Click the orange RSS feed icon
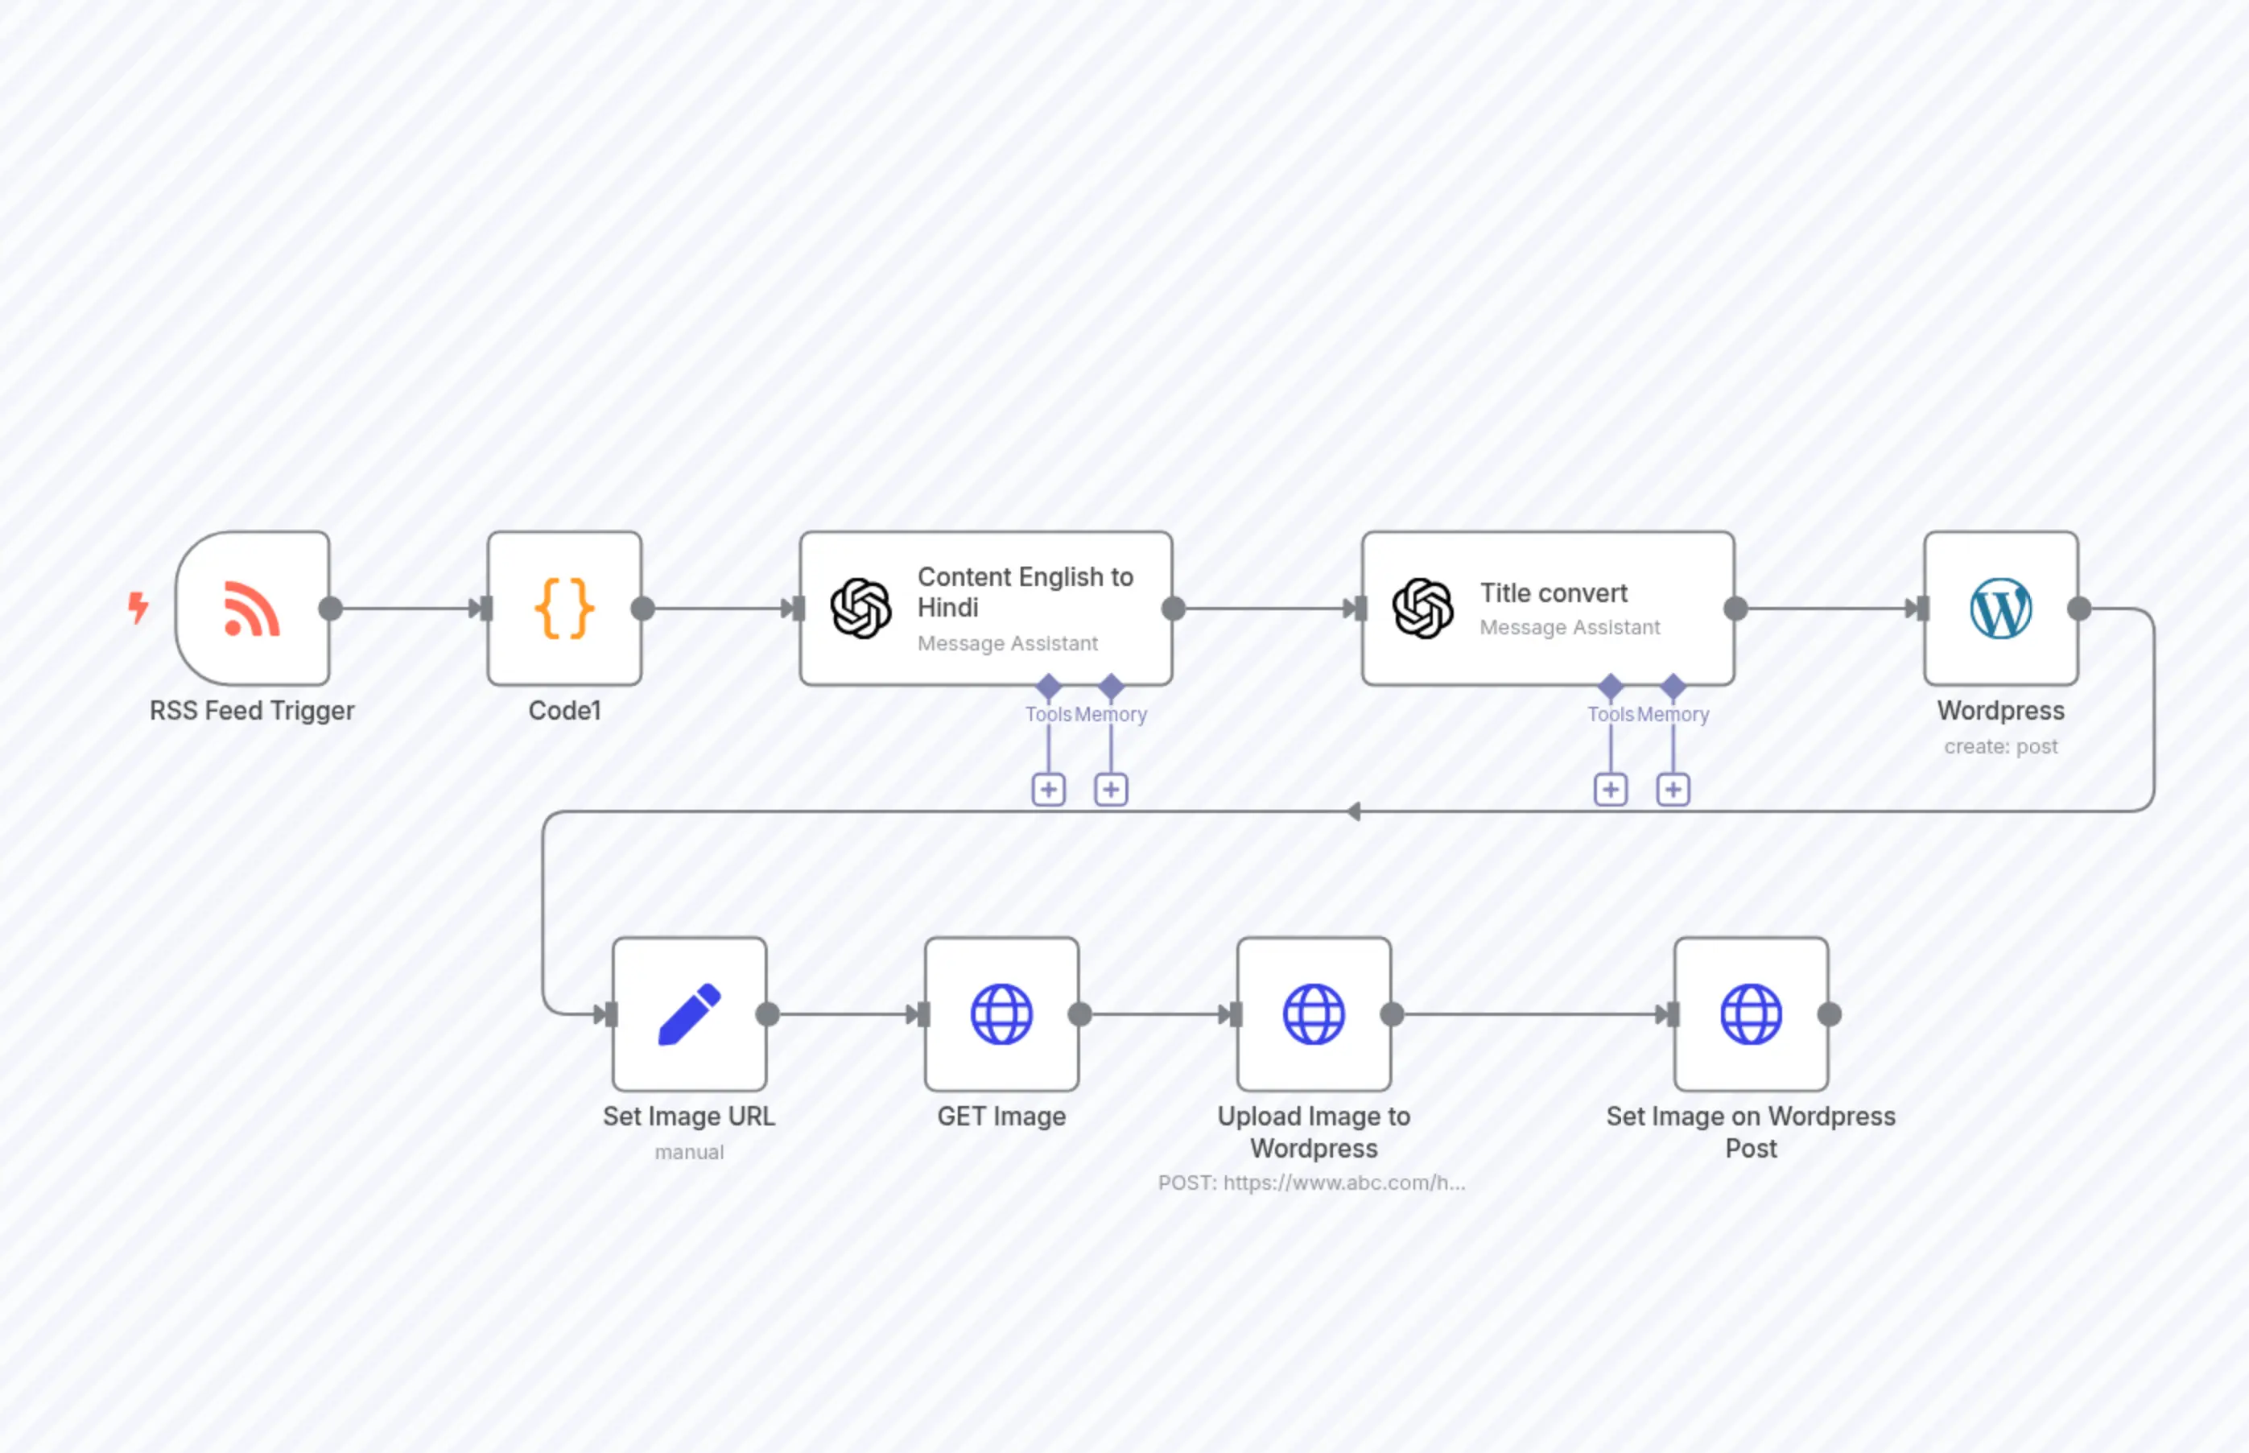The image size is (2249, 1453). coord(252,609)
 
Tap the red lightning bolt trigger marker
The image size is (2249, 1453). coord(138,607)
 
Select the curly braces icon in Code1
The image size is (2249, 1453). coord(564,609)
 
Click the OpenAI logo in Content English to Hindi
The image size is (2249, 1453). coord(860,609)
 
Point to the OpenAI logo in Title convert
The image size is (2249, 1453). coord(1422,609)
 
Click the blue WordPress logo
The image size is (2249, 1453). coord(2000,609)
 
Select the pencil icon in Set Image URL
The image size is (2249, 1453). coord(689,1014)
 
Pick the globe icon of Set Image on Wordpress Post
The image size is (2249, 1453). coord(1751,1014)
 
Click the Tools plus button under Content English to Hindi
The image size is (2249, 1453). coord(1048,790)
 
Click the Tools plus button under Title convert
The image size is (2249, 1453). coord(1611,790)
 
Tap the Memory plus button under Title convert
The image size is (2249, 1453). coord(1673,790)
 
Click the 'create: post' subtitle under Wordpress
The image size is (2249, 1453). coord(2000,746)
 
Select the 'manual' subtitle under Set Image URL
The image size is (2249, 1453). coord(689,1152)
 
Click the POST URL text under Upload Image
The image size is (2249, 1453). coord(1311,1183)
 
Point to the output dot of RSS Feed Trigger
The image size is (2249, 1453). coord(330,609)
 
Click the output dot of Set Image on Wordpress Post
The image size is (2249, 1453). coord(1829,1014)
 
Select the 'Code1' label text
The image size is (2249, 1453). coord(564,711)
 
